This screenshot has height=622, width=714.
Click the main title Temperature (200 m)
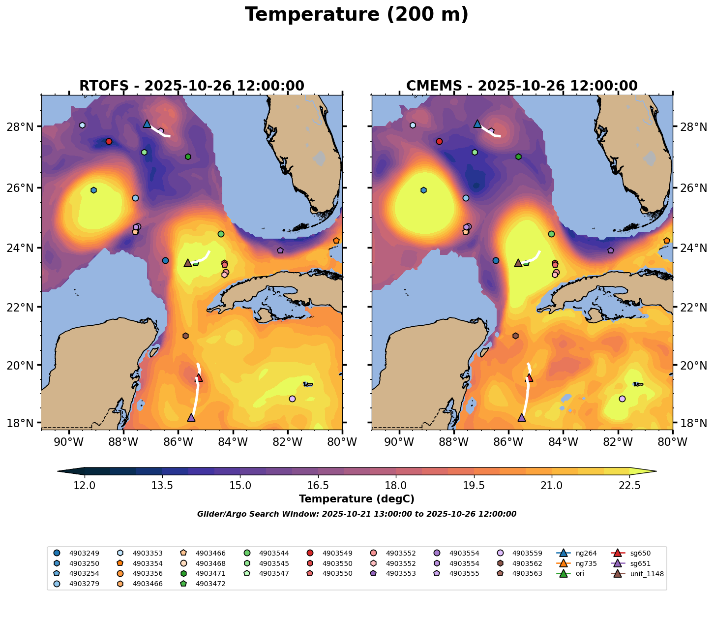click(x=357, y=15)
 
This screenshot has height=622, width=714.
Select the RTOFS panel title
click(x=192, y=86)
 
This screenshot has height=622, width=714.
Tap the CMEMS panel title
click(x=522, y=86)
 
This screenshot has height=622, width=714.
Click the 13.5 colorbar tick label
click(x=162, y=486)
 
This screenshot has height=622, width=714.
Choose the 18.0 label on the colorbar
click(x=396, y=486)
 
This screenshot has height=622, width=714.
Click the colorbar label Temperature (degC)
click(x=357, y=499)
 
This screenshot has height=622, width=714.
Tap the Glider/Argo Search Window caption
click(x=357, y=514)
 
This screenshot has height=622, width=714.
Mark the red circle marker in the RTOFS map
click(x=109, y=141)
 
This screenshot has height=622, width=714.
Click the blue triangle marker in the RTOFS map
click(x=147, y=124)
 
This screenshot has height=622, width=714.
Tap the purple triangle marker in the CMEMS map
click(x=522, y=417)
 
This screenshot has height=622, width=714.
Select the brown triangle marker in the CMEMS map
click(x=518, y=263)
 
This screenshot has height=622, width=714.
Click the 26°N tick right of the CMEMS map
click(x=693, y=188)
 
